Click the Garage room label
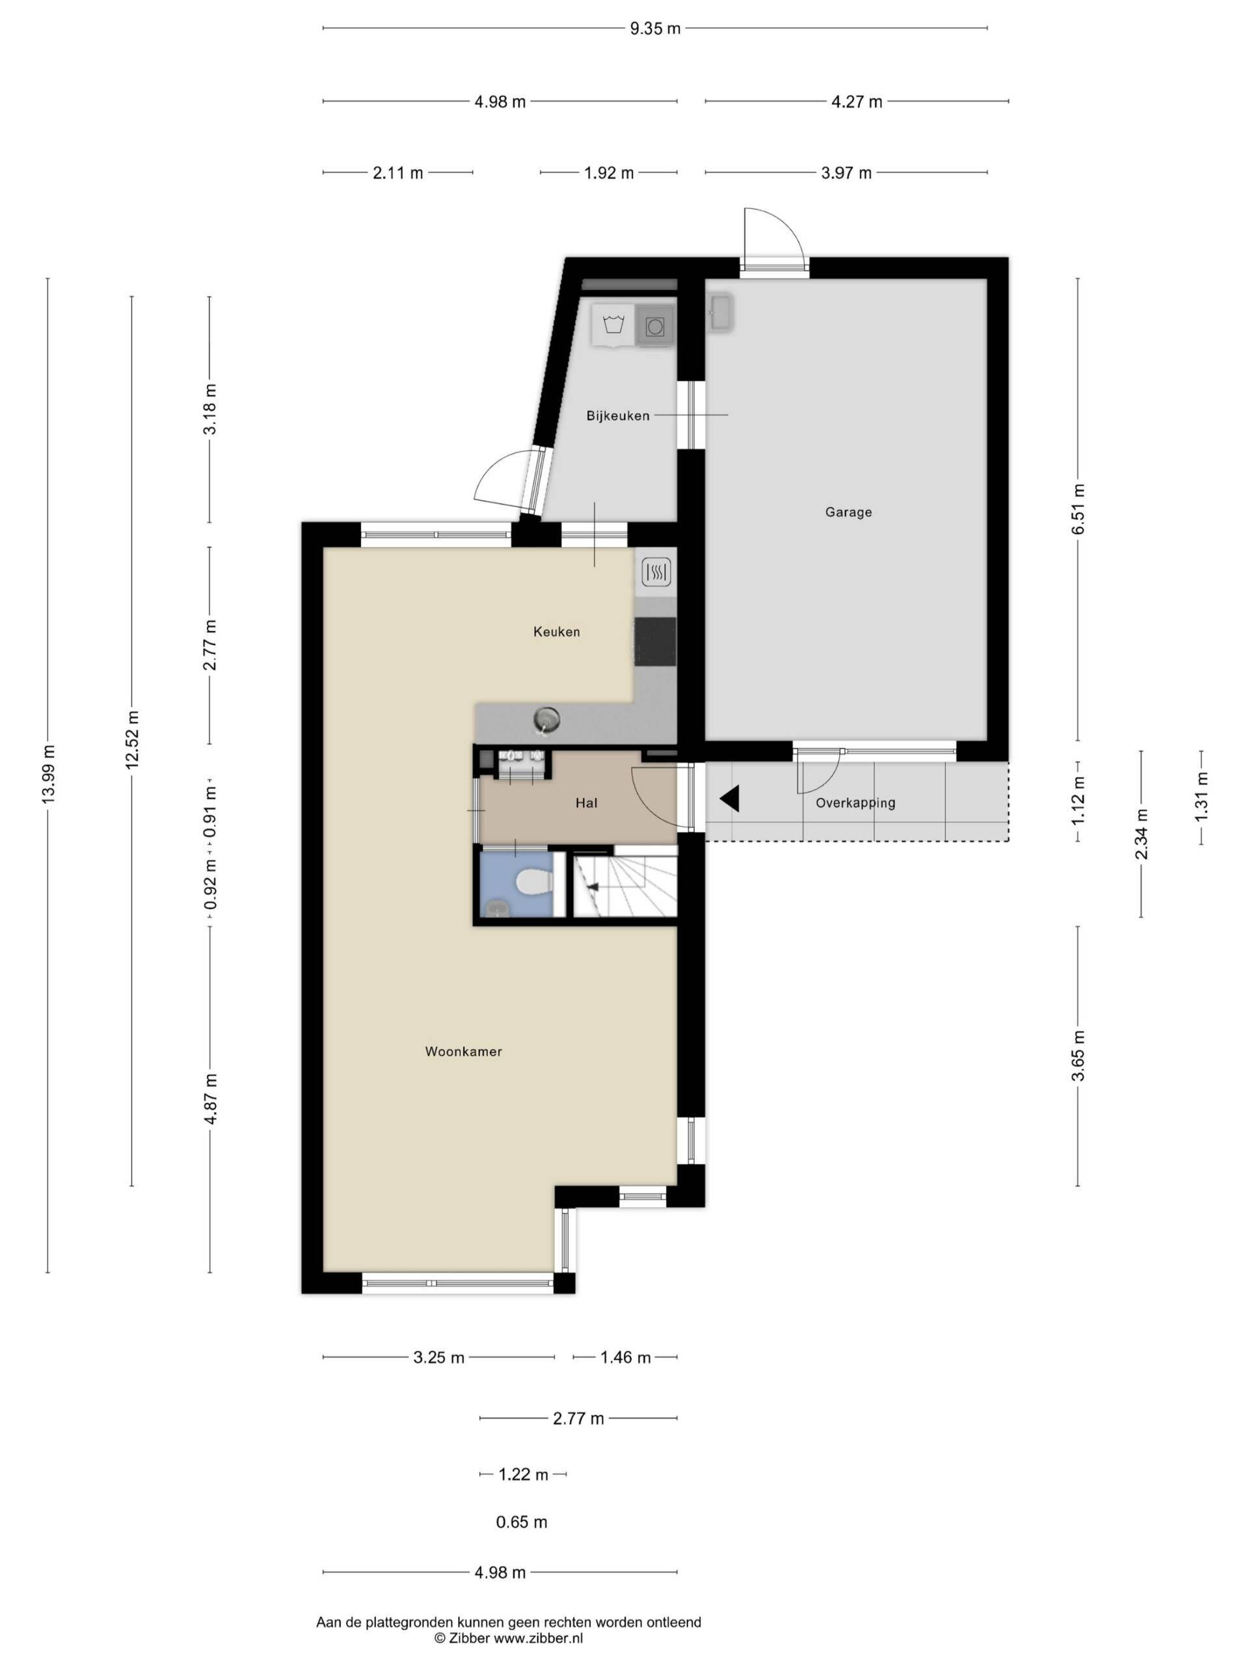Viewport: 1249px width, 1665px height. [x=848, y=512]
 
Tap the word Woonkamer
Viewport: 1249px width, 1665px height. [x=463, y=1052]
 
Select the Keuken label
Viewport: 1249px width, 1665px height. [x=556, y=632]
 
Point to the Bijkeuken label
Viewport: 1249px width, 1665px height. [x=617, y=416]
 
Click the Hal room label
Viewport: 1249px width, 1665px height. [x=587, y=803]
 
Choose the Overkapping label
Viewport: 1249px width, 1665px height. [x=855, y=803]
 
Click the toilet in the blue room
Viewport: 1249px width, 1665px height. [x=535, y=881]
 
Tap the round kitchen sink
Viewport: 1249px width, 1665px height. [x=547, y=719]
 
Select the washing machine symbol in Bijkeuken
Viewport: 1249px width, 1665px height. [x=654, y=326]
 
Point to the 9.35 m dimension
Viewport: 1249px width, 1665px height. [x=655, y=29]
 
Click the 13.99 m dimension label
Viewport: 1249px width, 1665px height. [x=48, y=774]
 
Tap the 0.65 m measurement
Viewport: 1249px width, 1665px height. [x=521, y=1522]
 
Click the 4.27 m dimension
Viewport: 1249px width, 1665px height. [x=857, y=101]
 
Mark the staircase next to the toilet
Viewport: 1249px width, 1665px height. [x=625, y=881]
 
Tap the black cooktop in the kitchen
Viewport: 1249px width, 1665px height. [x=654, y=641]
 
